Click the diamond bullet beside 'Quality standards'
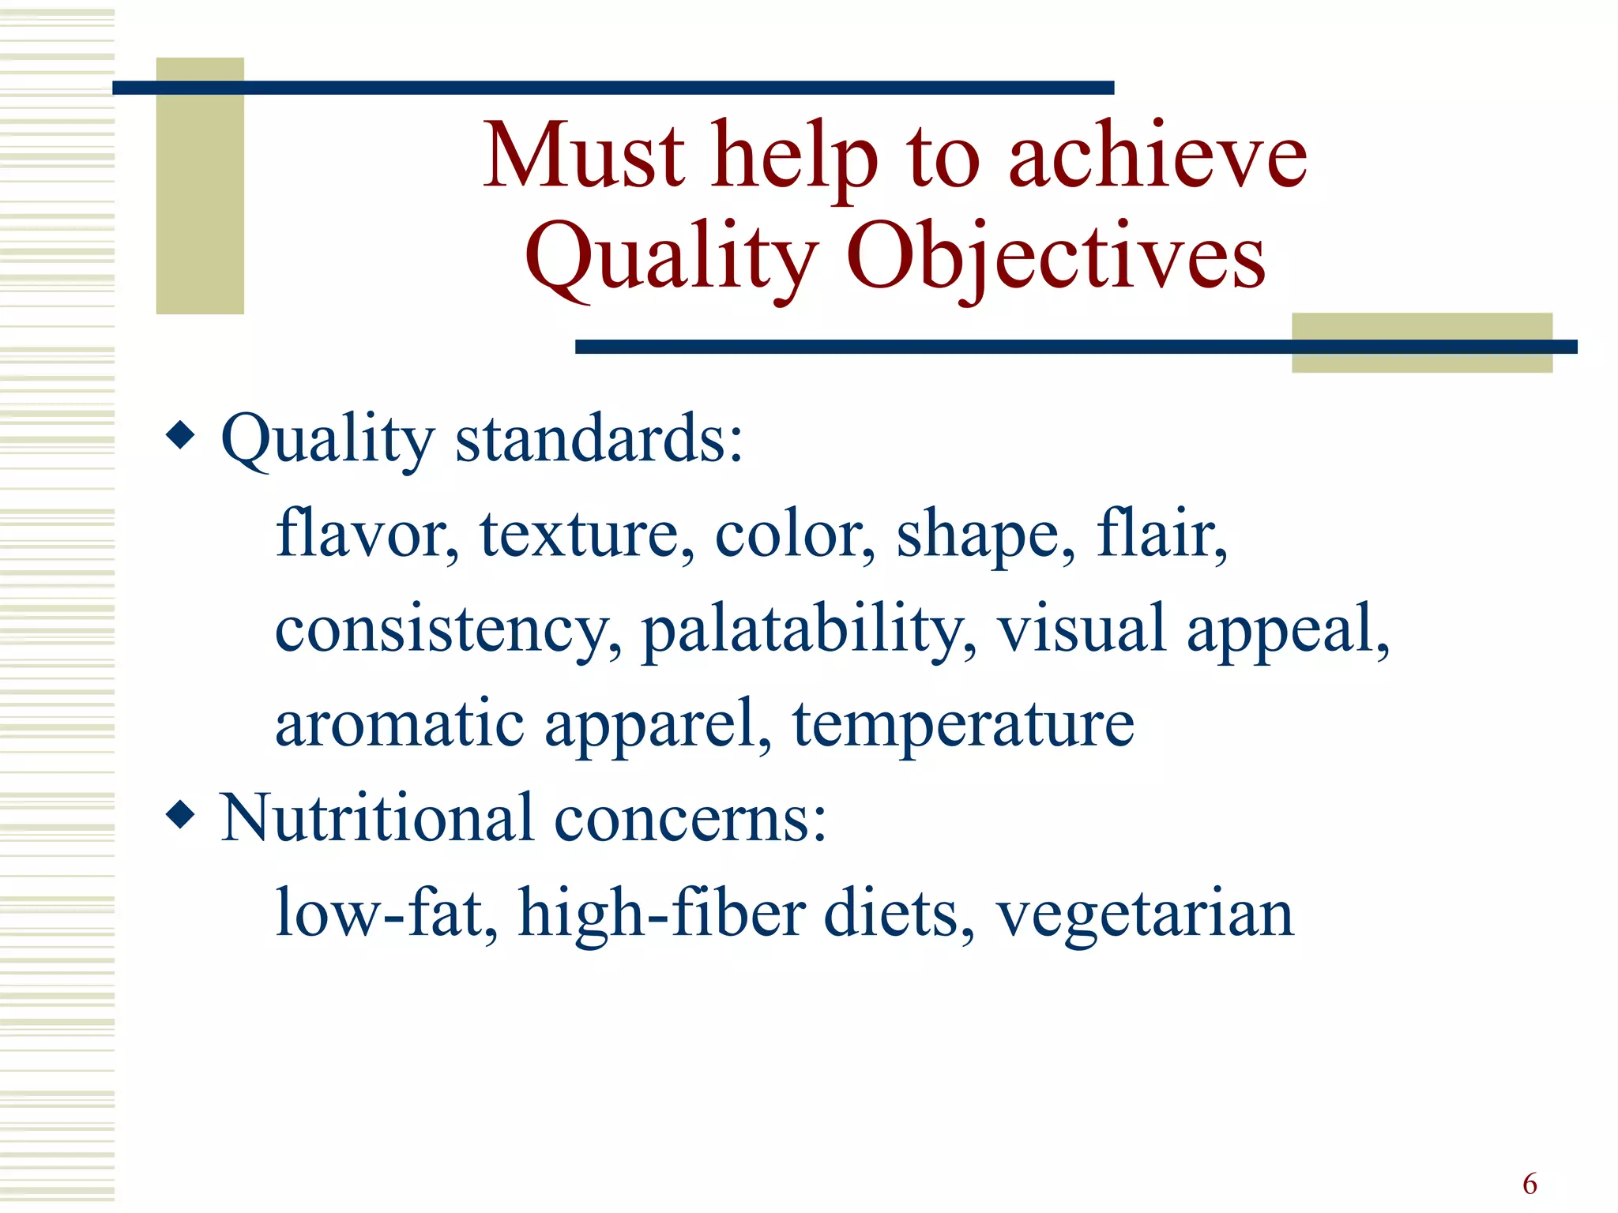pyautogui.click(x=181, y=435)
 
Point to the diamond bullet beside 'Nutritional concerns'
pyautogui.click(x=181, y=814)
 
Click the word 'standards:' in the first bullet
pyautogui.click(x=599, y=439)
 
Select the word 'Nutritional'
pyautogui.click(x=377, y=818)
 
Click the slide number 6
pyautogui.click(x=1530, y=1184)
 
